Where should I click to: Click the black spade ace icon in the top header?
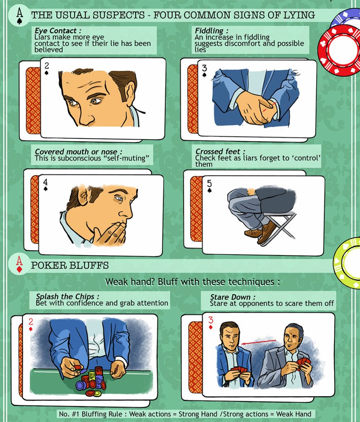(x=19, y=15)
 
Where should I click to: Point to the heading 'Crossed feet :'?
(x=214, y=152)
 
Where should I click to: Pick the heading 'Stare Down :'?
(x=227, y=297)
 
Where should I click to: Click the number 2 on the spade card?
(x=47, y=66)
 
